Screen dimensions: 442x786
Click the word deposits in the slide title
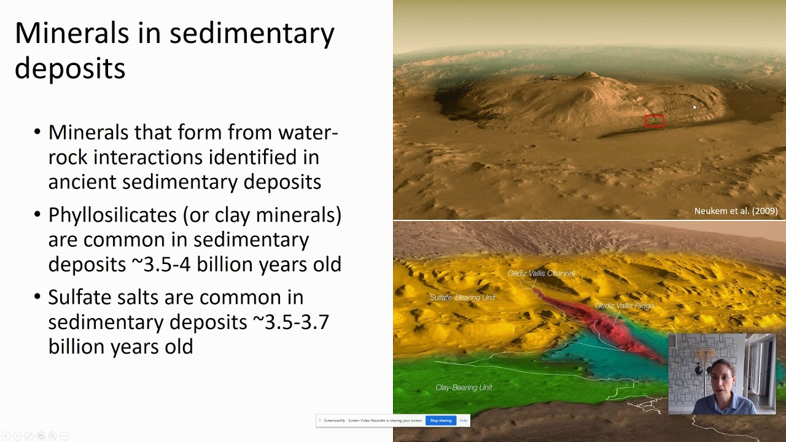69,69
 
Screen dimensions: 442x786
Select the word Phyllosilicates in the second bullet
112,215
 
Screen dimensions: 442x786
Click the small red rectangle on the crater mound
654,120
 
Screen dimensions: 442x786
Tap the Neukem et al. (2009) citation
736,211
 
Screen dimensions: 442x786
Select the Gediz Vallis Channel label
540,273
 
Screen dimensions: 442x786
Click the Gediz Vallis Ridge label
624,305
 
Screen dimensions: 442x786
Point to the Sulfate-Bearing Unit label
462,298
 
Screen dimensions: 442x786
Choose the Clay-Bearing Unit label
464,387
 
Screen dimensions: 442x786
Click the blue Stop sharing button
440,421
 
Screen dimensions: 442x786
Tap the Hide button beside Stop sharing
464,421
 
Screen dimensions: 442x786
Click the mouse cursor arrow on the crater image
695,107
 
